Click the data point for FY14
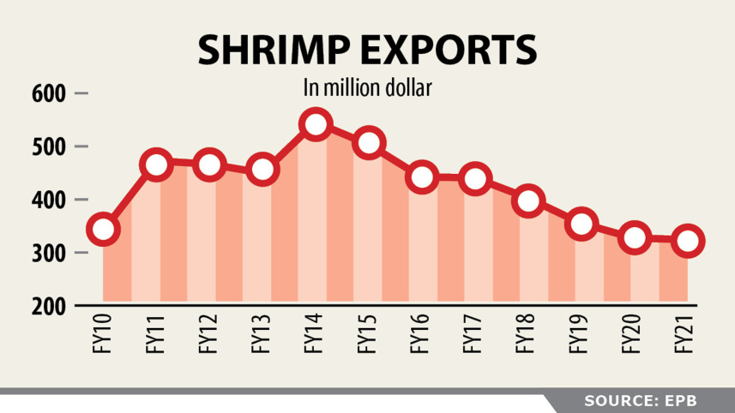click(x=315, y=124)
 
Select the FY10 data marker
click(x=103, y=229)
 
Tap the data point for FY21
click(x=688, y=242)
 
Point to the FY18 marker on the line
click(x=528, y=201)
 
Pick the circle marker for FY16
click(x=422, y=177)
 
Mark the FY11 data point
click(x=157, y=164)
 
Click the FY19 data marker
click(x=581, y=224)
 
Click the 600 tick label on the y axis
click(x=50, y=93)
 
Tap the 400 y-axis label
click(x=50, y=201)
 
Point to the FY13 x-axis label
click(x=262, y=334)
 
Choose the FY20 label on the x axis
click(x=635, y=334)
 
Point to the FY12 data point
click(x=209, y=165)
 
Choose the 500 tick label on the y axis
click(x=50, y=147)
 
